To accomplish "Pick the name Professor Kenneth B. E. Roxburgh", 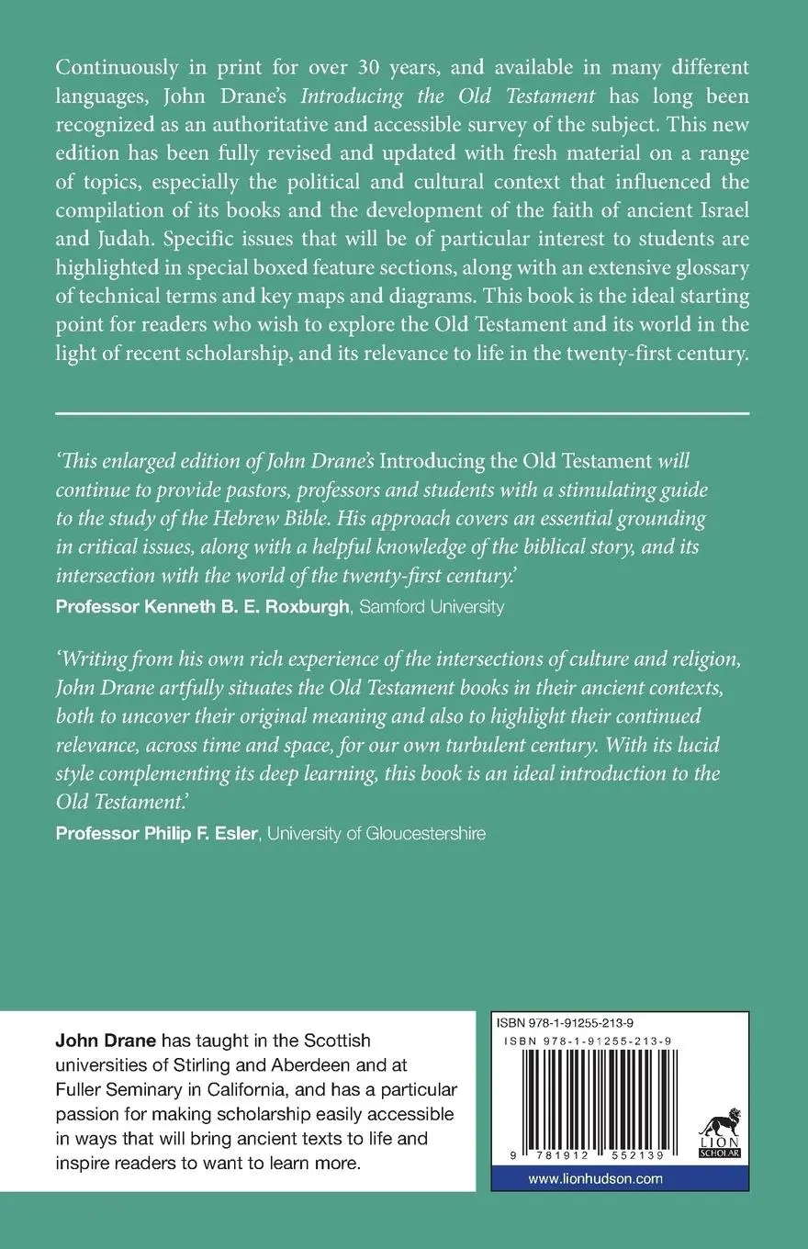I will tap(201, 606).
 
